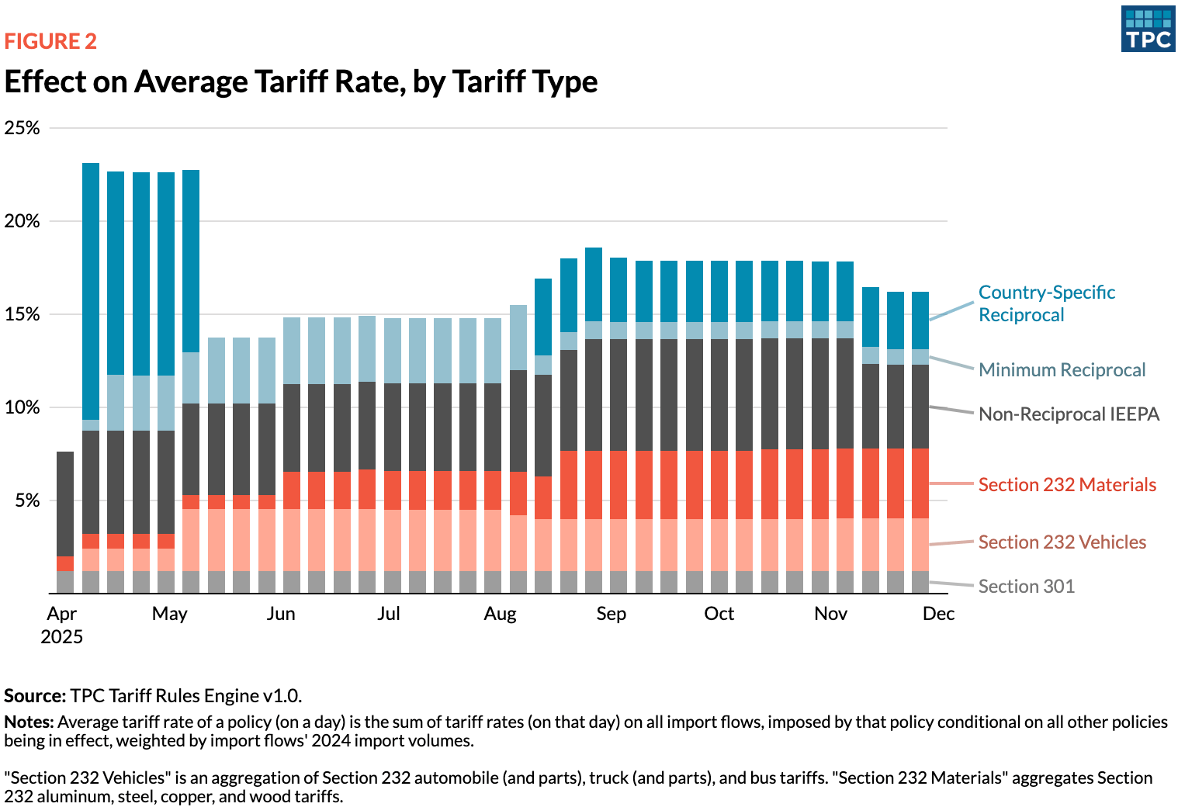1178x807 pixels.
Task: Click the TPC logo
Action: tap(1148, 29)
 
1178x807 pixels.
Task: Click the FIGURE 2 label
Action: tap(50, 41)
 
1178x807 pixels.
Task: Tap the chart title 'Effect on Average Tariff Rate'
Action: tap(300, 81)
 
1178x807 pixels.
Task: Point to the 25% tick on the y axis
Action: tap(22, 128)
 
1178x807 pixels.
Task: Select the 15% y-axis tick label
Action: tap(22, 314)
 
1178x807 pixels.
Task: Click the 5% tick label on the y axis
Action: tap(26, 500)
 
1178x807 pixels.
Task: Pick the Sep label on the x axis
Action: tap(611, 614)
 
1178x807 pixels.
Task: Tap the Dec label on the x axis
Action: tap(938, 614)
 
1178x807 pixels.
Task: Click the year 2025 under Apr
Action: tap(61, 637)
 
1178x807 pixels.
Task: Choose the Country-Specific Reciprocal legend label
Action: tap(1046, 303)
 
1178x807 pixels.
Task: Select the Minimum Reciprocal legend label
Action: tap(1062, 370)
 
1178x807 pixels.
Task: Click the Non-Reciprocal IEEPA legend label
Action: tap(1069, 414)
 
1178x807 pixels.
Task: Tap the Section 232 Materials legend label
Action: tap(1067, 485)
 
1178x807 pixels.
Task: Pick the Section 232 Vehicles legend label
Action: tap(1062, 542)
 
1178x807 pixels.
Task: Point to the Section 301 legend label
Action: tap(1026, 587)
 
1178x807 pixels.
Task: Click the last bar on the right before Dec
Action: tap(920, 442)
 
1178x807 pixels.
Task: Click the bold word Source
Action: tap(34, 695)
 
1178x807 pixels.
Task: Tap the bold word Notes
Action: tap(29, 722)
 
